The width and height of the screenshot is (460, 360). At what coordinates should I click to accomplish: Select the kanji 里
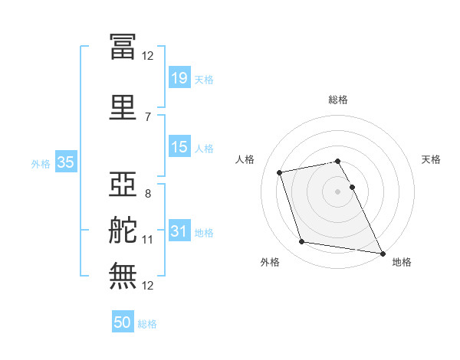123,107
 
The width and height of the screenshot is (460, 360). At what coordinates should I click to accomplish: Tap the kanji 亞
123,185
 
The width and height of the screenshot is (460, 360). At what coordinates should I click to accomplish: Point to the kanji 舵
123,231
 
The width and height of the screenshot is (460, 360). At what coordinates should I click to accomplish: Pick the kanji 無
123,276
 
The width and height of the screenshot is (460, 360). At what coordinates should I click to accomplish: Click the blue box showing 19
179,78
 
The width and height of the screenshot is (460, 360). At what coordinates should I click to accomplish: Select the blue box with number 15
179,147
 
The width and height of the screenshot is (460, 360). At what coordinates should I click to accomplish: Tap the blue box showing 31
179,231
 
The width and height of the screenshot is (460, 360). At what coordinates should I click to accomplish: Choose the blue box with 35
65,162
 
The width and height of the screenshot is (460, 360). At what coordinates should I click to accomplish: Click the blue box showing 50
123,322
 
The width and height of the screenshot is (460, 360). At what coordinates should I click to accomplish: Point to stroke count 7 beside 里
147,116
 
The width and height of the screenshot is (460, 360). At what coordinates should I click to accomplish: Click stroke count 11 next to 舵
147,240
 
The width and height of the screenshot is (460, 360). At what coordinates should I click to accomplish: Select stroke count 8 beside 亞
147,193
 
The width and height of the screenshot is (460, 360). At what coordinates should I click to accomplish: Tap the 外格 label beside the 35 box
41,163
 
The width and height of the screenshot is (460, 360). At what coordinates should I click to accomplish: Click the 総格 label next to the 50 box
147,324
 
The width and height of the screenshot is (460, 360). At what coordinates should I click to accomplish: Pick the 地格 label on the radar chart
402,262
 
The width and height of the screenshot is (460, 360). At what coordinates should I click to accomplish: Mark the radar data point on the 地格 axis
383,253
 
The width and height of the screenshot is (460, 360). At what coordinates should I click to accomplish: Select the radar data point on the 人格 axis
280,172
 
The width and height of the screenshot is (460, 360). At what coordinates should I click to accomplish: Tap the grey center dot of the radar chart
337,191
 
